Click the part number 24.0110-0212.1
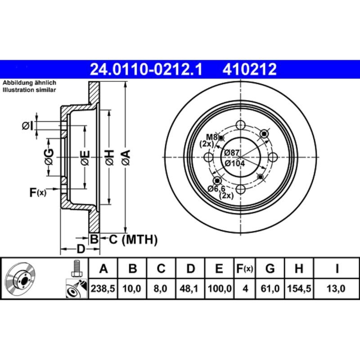click(147, 70)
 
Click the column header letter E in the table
click(219, 269)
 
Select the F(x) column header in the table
click(245, 269)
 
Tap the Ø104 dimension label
click(235, 163)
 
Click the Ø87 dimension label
click(233, 153)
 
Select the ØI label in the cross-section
click(27, 126)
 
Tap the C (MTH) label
click(133, 239)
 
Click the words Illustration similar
click(30, 90)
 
